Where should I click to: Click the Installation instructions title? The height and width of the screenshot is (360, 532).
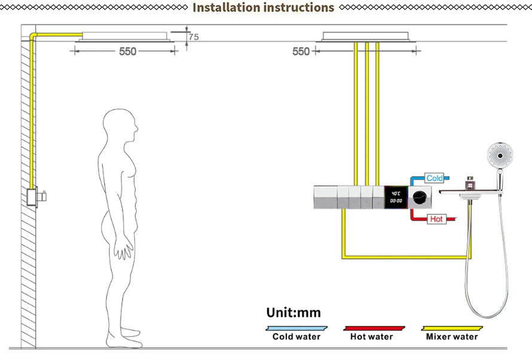coord(263,8)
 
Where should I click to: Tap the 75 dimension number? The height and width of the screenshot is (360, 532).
coord(193,37)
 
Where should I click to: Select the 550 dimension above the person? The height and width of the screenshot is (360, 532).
coord(127,51)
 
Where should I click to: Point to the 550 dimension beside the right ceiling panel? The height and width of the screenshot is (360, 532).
coord(301,51)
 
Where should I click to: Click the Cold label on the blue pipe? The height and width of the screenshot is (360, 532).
coord(435,178)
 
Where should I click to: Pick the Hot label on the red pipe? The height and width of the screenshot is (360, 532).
coord(437,219)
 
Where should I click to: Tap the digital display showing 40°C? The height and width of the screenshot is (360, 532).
coord(396,197)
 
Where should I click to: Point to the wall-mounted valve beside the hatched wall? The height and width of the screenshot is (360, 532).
coord(36,196)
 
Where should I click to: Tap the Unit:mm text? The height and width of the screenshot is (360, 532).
coord(293,313)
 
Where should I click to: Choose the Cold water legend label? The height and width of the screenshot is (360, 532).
coord(296,337)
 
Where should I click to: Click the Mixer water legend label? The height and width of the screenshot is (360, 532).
coord(452,337)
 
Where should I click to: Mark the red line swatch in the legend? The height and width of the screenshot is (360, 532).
coord(374,328)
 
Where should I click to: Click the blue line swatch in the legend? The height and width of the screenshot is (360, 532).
coord(296,328)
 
